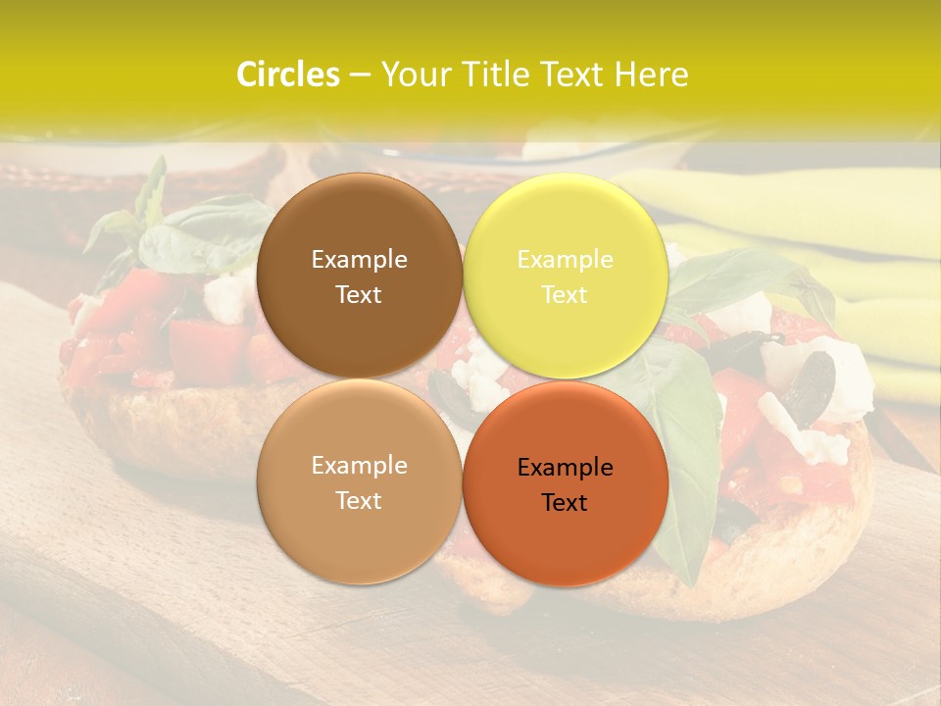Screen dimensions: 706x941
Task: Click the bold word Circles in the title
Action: pyautogui.click(x=287, y=75)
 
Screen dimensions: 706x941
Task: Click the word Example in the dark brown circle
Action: pyautogui.click(x=359, y=259)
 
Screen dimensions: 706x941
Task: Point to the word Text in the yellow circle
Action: pyautogui.click(x=565, y=294)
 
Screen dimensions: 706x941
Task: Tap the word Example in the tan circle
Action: pyautogui.click(x=359, y=465)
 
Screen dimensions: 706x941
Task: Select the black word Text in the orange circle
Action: pyautogui.click(x=565, y=502)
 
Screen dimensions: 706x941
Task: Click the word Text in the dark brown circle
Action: pyautogui.click(x=359, y=294)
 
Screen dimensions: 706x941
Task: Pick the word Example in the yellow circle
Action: pyautogui.click(x=565, y=259)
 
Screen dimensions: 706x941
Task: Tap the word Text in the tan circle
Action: pyautogui.click(x=359, y=500)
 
